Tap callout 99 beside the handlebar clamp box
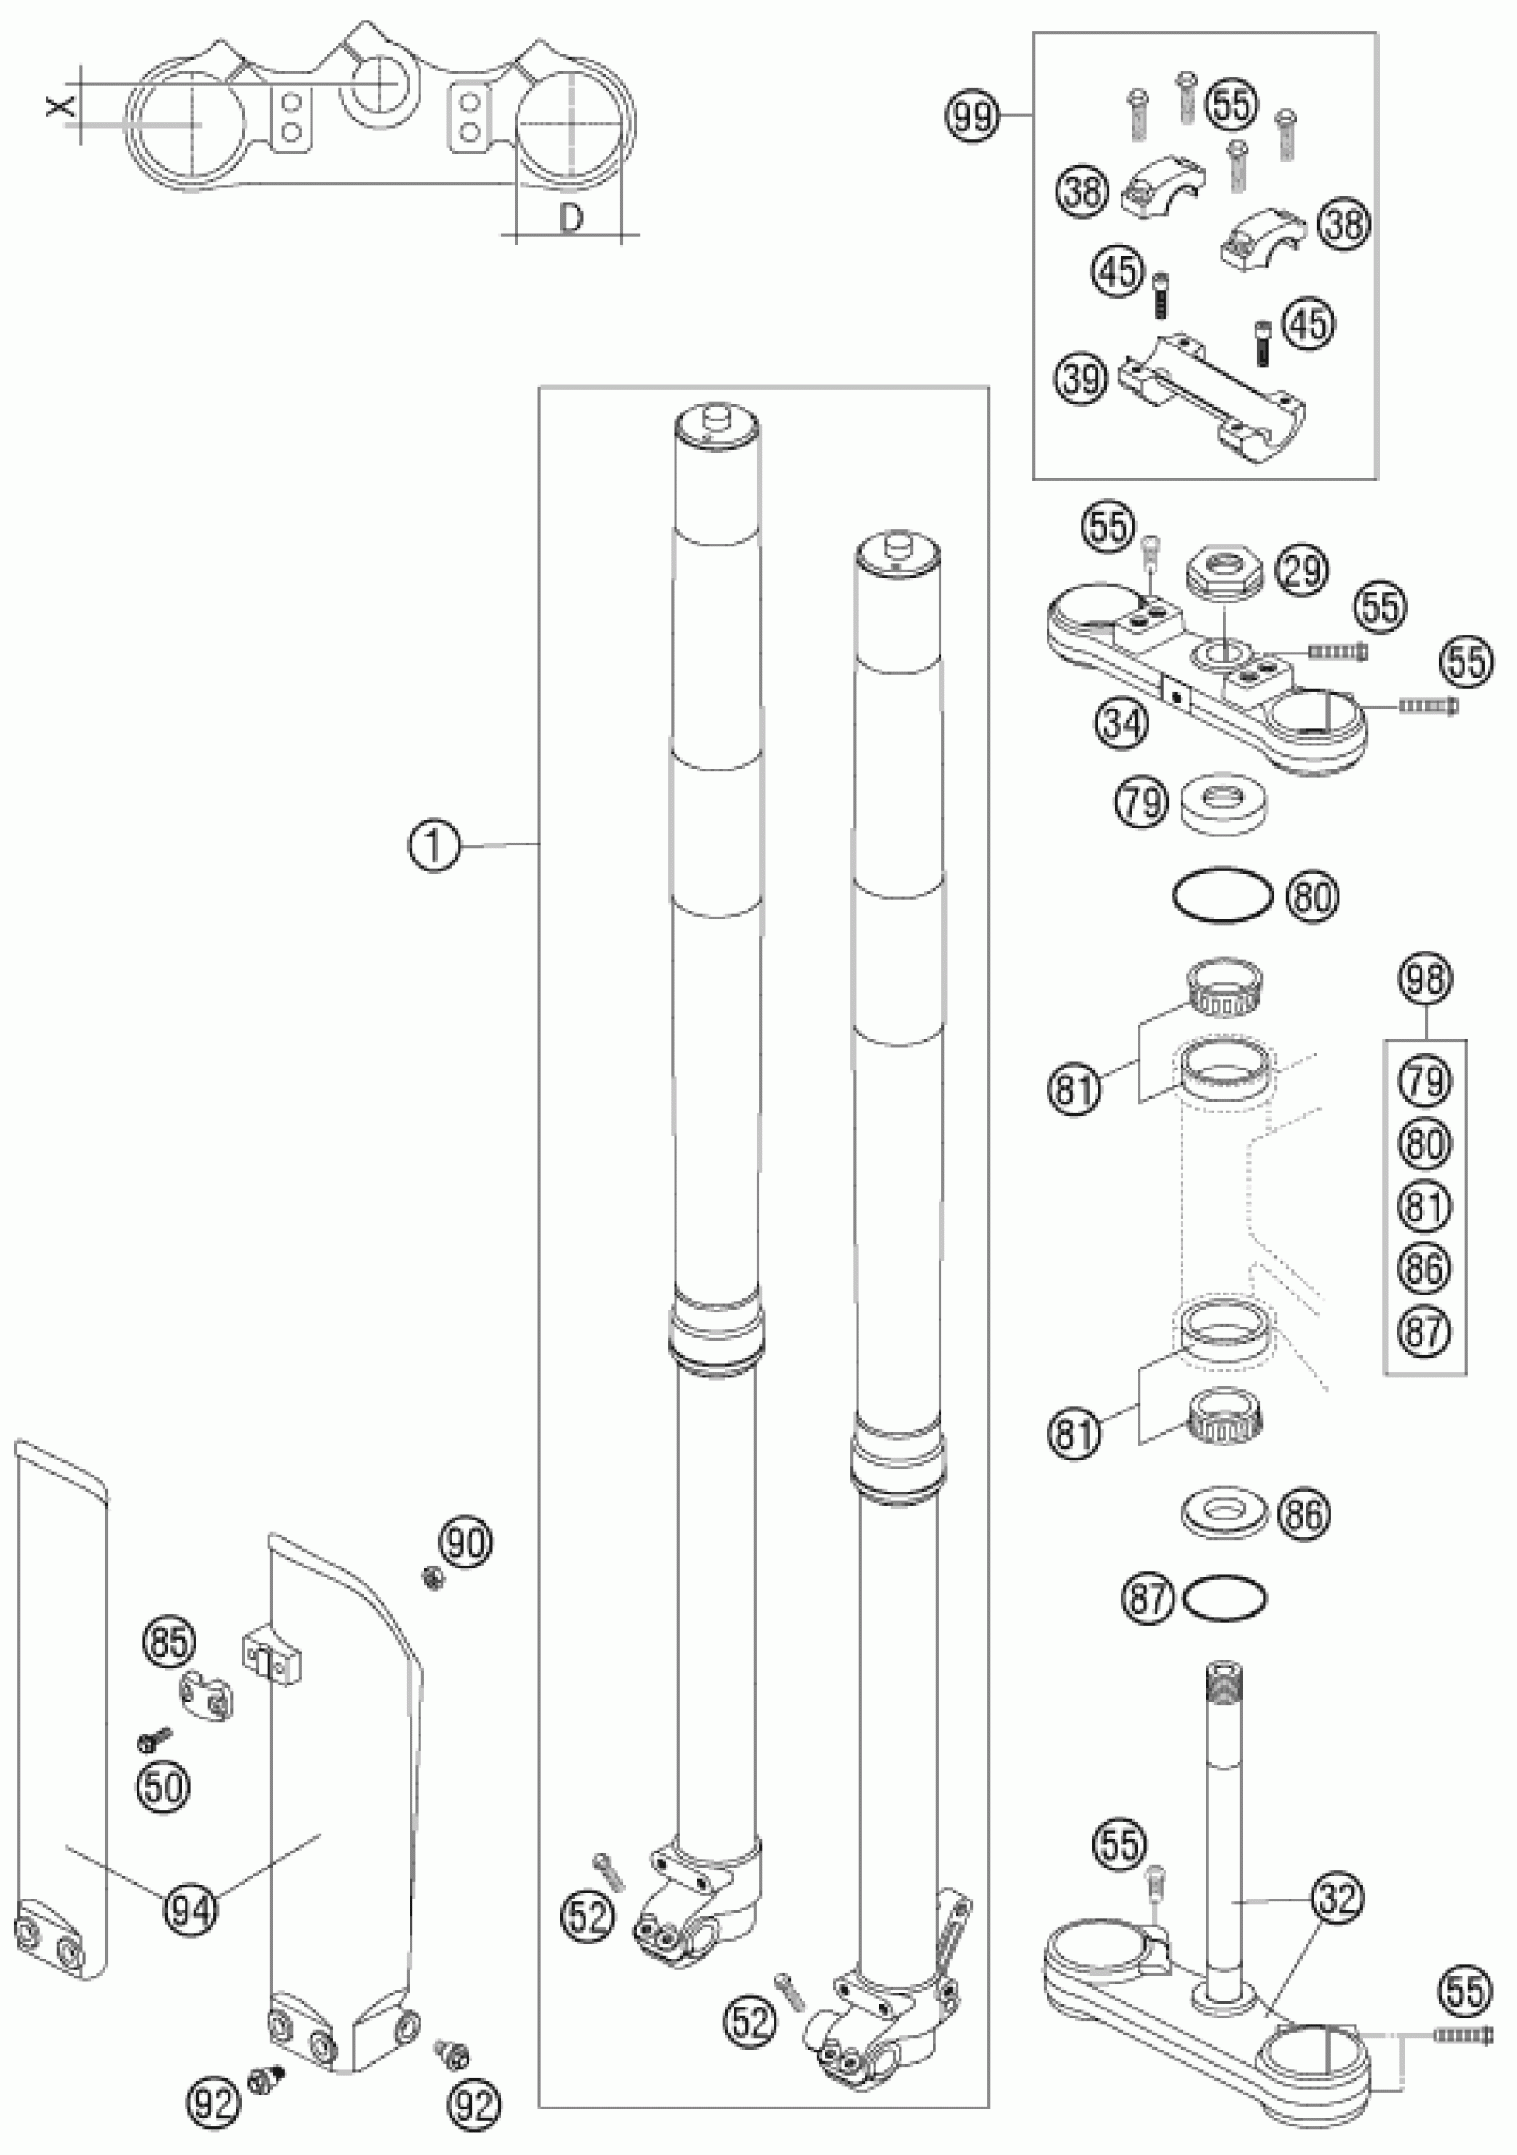[x=969, y=117]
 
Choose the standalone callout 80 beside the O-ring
[x=1313, y=897]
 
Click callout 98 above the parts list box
[x=1424, y=979]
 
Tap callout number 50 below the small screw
[x=162, y=1786]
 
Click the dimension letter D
[x=570, y=218]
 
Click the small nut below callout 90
[x=434, y=1578]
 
